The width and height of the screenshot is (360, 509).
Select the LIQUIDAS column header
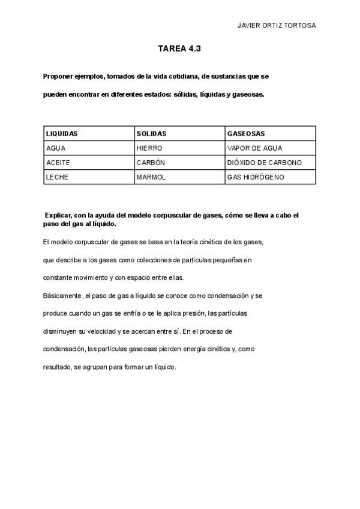pos(62,133)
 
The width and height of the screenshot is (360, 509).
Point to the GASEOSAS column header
pos(246,133)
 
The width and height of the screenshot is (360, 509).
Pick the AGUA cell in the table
pos(56,148)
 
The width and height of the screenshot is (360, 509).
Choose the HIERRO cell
pos(149,148)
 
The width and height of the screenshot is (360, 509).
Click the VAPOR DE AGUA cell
pos(254,148)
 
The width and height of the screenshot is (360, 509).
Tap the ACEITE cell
pos(58,163)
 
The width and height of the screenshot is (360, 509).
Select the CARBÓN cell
pos(151,163)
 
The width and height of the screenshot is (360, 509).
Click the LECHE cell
pos(56,177)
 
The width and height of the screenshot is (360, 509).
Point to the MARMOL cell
pos(151,177)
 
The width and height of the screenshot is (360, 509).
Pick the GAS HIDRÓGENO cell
pos(255,177)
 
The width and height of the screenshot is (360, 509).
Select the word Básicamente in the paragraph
pos(63,296)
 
